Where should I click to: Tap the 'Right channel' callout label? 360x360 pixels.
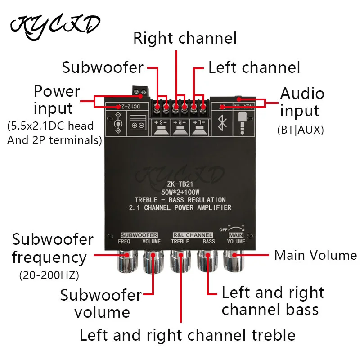pos(184,38)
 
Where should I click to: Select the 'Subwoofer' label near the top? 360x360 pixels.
pos(103,67)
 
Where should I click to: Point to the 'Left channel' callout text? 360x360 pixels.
pos(254,67)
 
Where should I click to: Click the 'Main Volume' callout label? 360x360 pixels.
pos(315,255)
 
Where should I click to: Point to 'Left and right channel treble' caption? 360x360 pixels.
pos(187,335)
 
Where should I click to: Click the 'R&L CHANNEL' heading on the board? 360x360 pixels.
pos(193,235)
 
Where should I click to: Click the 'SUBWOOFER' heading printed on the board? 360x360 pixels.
pos(139,235)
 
